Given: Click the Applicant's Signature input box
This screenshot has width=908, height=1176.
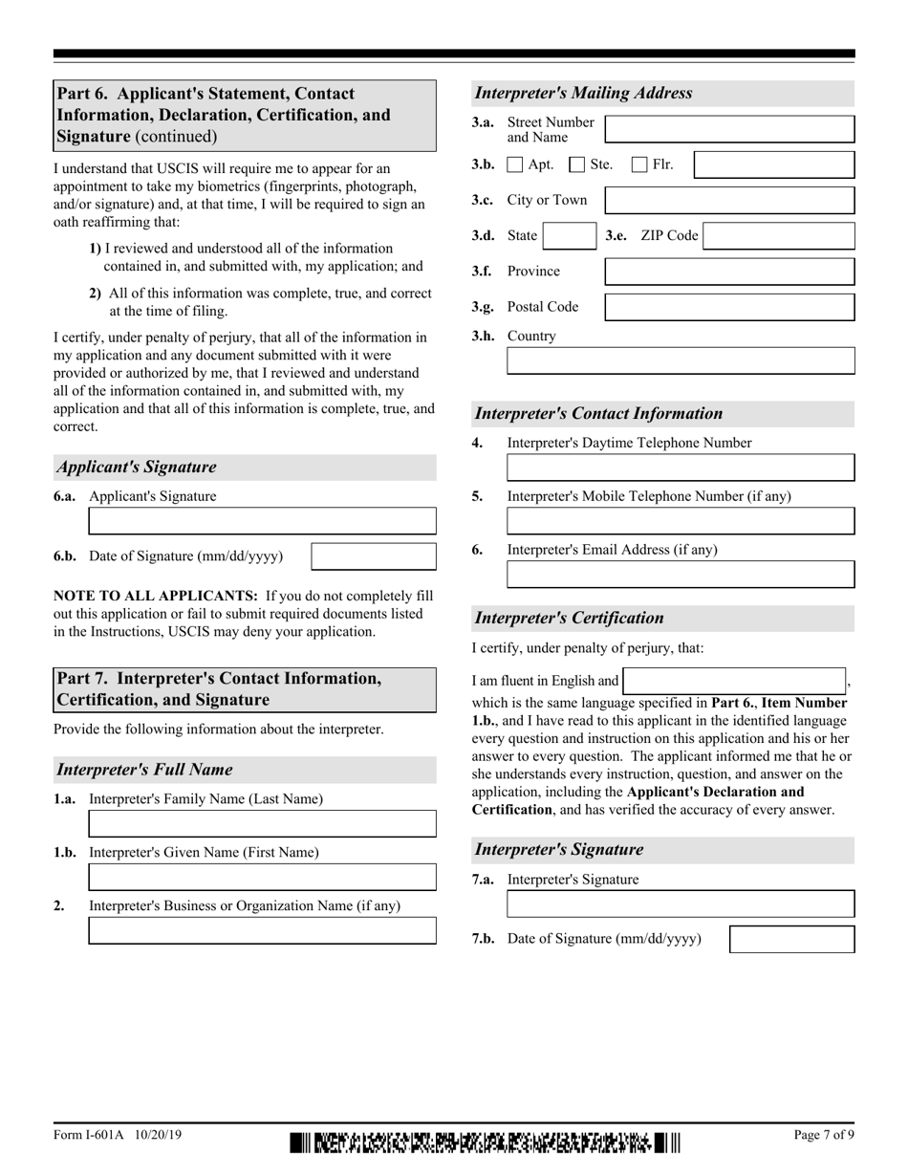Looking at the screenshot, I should pyautogui.click(x=262, y=520).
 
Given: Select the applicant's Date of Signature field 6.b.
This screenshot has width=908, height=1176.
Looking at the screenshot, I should pyautogui.click(x=374, y=556).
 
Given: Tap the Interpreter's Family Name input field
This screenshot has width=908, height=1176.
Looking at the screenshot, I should pyautogui.click(x=262, y=823).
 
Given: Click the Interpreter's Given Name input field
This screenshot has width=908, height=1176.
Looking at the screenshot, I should pyautogui.click(x=262, y=877).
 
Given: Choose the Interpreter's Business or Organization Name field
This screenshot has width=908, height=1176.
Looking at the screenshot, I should pyautogui.click(x=262, y=930).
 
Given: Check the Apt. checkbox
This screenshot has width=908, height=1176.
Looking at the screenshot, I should pyautogui.click(x=515, y=164).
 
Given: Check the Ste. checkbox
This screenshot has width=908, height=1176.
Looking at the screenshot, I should pyautogui.click(x=577, y=164).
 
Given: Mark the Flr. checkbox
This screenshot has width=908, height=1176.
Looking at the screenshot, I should pyautogui.click(x=640, y=164).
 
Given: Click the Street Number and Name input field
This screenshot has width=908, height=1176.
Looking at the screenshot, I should pyautogui.click(x=730, y=129).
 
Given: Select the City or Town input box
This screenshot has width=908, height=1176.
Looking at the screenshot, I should pyautogui.click(x=730, y=200).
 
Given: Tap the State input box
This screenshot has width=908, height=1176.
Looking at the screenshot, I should pyautogui.click(x=570, y=236).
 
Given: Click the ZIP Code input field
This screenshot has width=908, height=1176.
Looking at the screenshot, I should pyautogui.click(x=778, y=236).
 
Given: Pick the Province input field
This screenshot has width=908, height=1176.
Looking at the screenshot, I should pyautogui.click(x=730, y=272).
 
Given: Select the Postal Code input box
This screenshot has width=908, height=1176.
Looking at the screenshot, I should pyautogui.click(x=730, y=307).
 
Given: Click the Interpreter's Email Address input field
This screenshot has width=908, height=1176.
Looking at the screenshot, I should pyautogui.click(x=681, y=574).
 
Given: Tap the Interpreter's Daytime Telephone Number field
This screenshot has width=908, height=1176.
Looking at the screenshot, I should pyautogui.click(x=681, y=467).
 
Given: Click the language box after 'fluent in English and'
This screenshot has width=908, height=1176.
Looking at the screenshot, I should pyautogui.click(x=734, y=681).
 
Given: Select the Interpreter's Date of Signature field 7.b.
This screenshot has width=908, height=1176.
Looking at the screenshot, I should pyautogui.click(x=791, y=939).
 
